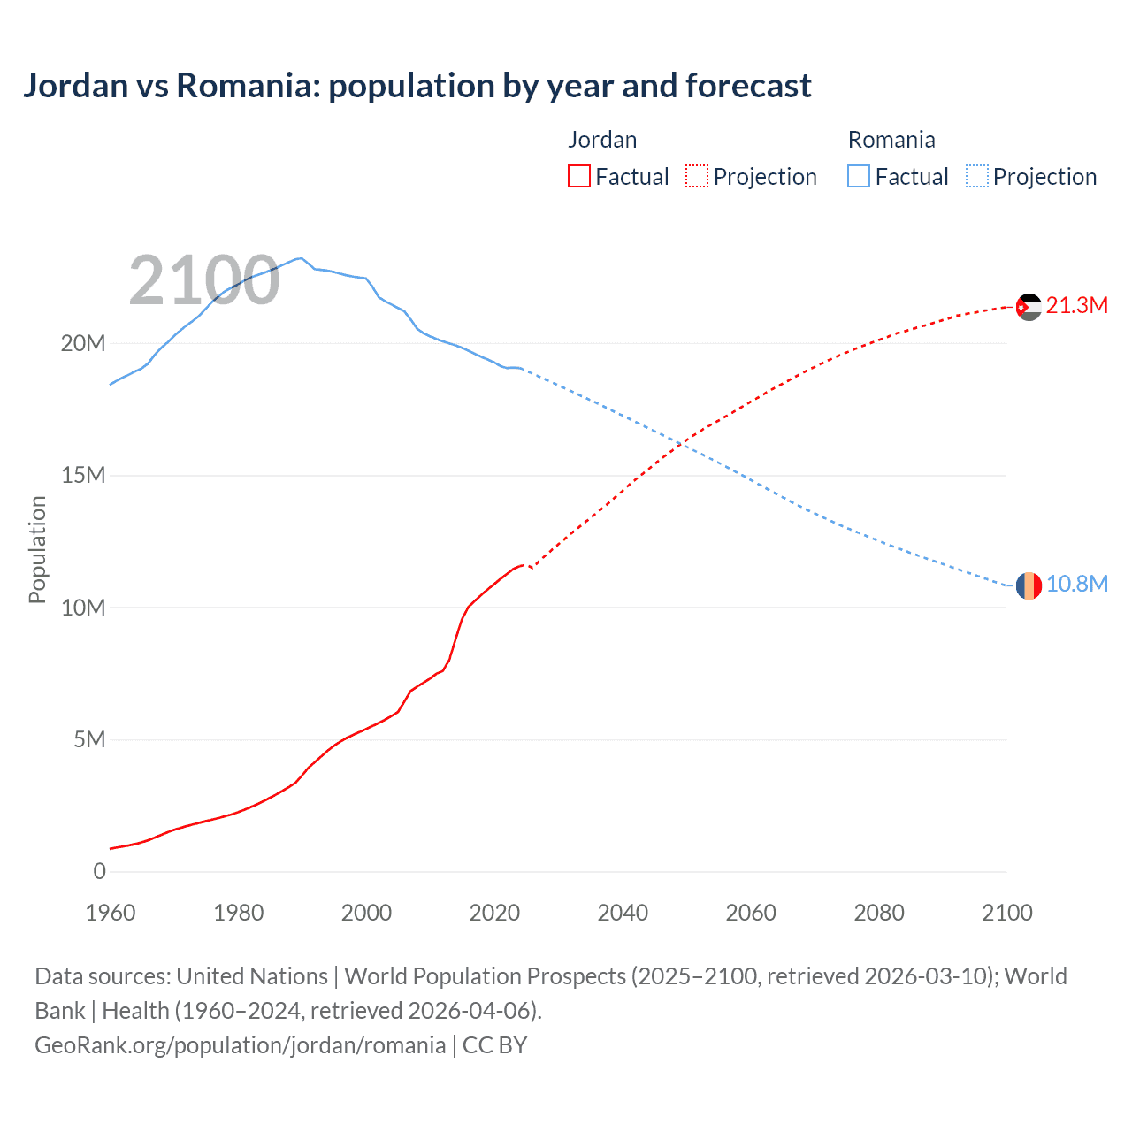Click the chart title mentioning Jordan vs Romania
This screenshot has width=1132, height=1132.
(417, 86)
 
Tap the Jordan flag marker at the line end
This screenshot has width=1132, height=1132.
(1029, 307)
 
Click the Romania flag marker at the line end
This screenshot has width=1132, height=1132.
(1029, 585)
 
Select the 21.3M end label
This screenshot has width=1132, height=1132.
(1076, 306)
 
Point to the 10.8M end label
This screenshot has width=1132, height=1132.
(1076, 585)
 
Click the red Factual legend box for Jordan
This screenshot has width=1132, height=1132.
(579, 177)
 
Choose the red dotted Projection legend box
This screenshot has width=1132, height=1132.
(697, 177)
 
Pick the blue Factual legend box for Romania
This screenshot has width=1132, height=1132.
(859, 177)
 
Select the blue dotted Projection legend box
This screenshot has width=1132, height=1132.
(977, 177)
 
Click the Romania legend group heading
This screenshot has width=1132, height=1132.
(891, 140)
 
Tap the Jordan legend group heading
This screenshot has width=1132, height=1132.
(602, 140)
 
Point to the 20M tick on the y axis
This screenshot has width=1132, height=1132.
(83, 343)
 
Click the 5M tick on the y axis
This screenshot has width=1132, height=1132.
(89, 739)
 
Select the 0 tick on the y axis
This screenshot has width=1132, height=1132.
(99, 871)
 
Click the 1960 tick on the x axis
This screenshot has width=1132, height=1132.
(111, 913)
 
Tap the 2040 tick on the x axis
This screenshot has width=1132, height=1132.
(623, 913)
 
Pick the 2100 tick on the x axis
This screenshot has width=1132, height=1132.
(1006, 913)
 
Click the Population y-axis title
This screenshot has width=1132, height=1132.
(37, 549)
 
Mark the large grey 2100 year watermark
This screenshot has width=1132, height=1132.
(204, 281)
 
